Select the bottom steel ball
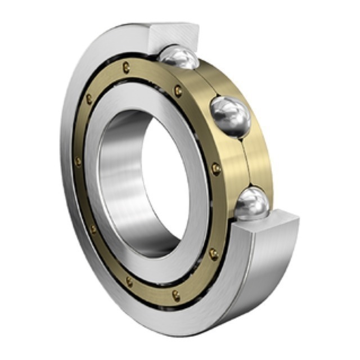tap(251, 203)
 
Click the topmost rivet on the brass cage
tap(126, 67)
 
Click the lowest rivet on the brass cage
tap(176, 294)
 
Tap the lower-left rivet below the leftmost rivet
tap(93, 229)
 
